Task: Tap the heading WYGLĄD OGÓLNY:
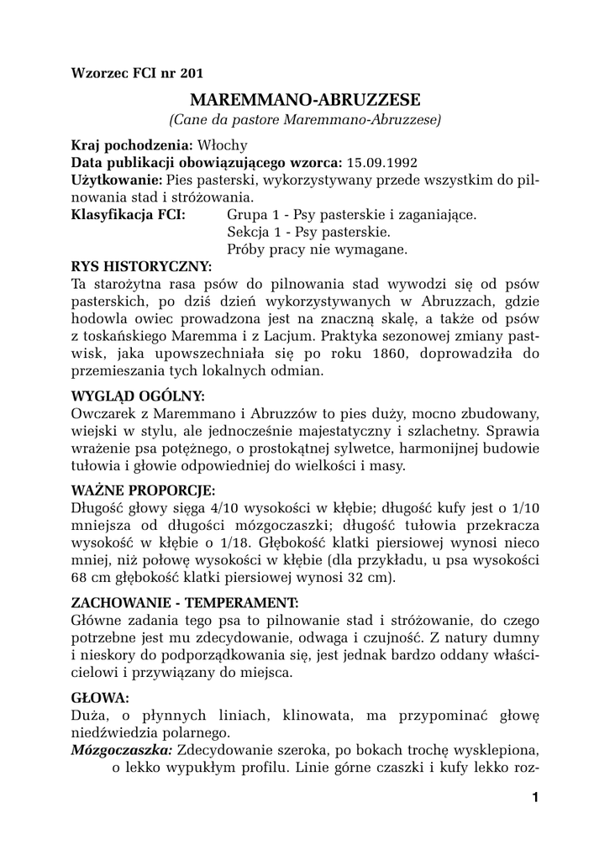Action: [x=138, y=396]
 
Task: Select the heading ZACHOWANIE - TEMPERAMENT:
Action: [x=184, y=603]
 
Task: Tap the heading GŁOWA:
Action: [x=100, y=697]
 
